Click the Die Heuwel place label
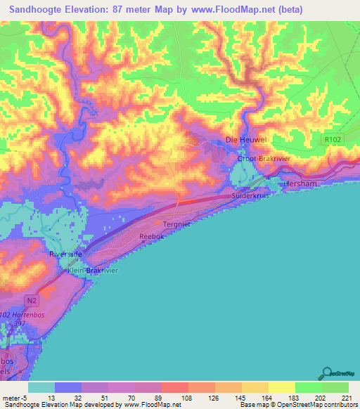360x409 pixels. (246, 141)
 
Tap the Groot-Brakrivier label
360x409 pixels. (262, 160)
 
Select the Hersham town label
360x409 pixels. (300, 183)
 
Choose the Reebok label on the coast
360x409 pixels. (152, 237)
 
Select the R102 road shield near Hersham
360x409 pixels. (333, 140)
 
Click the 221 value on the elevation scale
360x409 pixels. (348, 397)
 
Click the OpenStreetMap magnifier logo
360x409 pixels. (328, 374)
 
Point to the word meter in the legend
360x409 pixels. (12, 397)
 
